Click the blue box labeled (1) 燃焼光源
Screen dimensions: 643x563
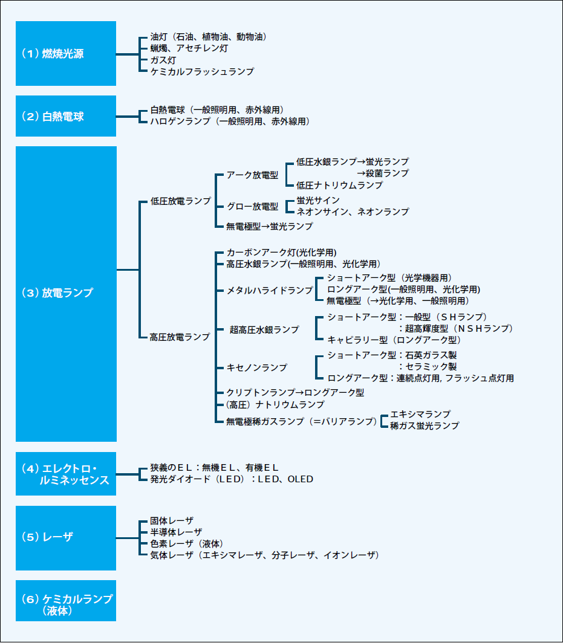click(65, 53)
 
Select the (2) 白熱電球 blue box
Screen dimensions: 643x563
click(65, 116)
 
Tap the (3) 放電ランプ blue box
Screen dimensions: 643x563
click(65, 293)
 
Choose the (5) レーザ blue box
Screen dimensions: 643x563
click(65, 537)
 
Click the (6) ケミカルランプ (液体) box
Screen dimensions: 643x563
click(65, 601)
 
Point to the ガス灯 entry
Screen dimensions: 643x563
click(163, 60)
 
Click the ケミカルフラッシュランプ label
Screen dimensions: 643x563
click(201, 71)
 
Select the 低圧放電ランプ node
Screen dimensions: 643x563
click(180, 201)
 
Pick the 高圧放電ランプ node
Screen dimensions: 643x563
click(180, 337)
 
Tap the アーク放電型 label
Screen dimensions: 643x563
click(252, 175)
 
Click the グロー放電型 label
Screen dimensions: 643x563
click(252, 207)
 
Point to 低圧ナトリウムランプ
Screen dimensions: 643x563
click(339, 185)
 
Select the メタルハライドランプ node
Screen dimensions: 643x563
click(269, 290)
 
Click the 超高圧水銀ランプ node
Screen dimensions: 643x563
click(264, 329)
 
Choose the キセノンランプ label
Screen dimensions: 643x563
click(256, 367)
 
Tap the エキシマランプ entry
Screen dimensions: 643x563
click(420, 414)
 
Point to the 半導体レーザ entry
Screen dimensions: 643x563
click(176, 531)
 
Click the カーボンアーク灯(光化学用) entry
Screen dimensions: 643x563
click(281, 252)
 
